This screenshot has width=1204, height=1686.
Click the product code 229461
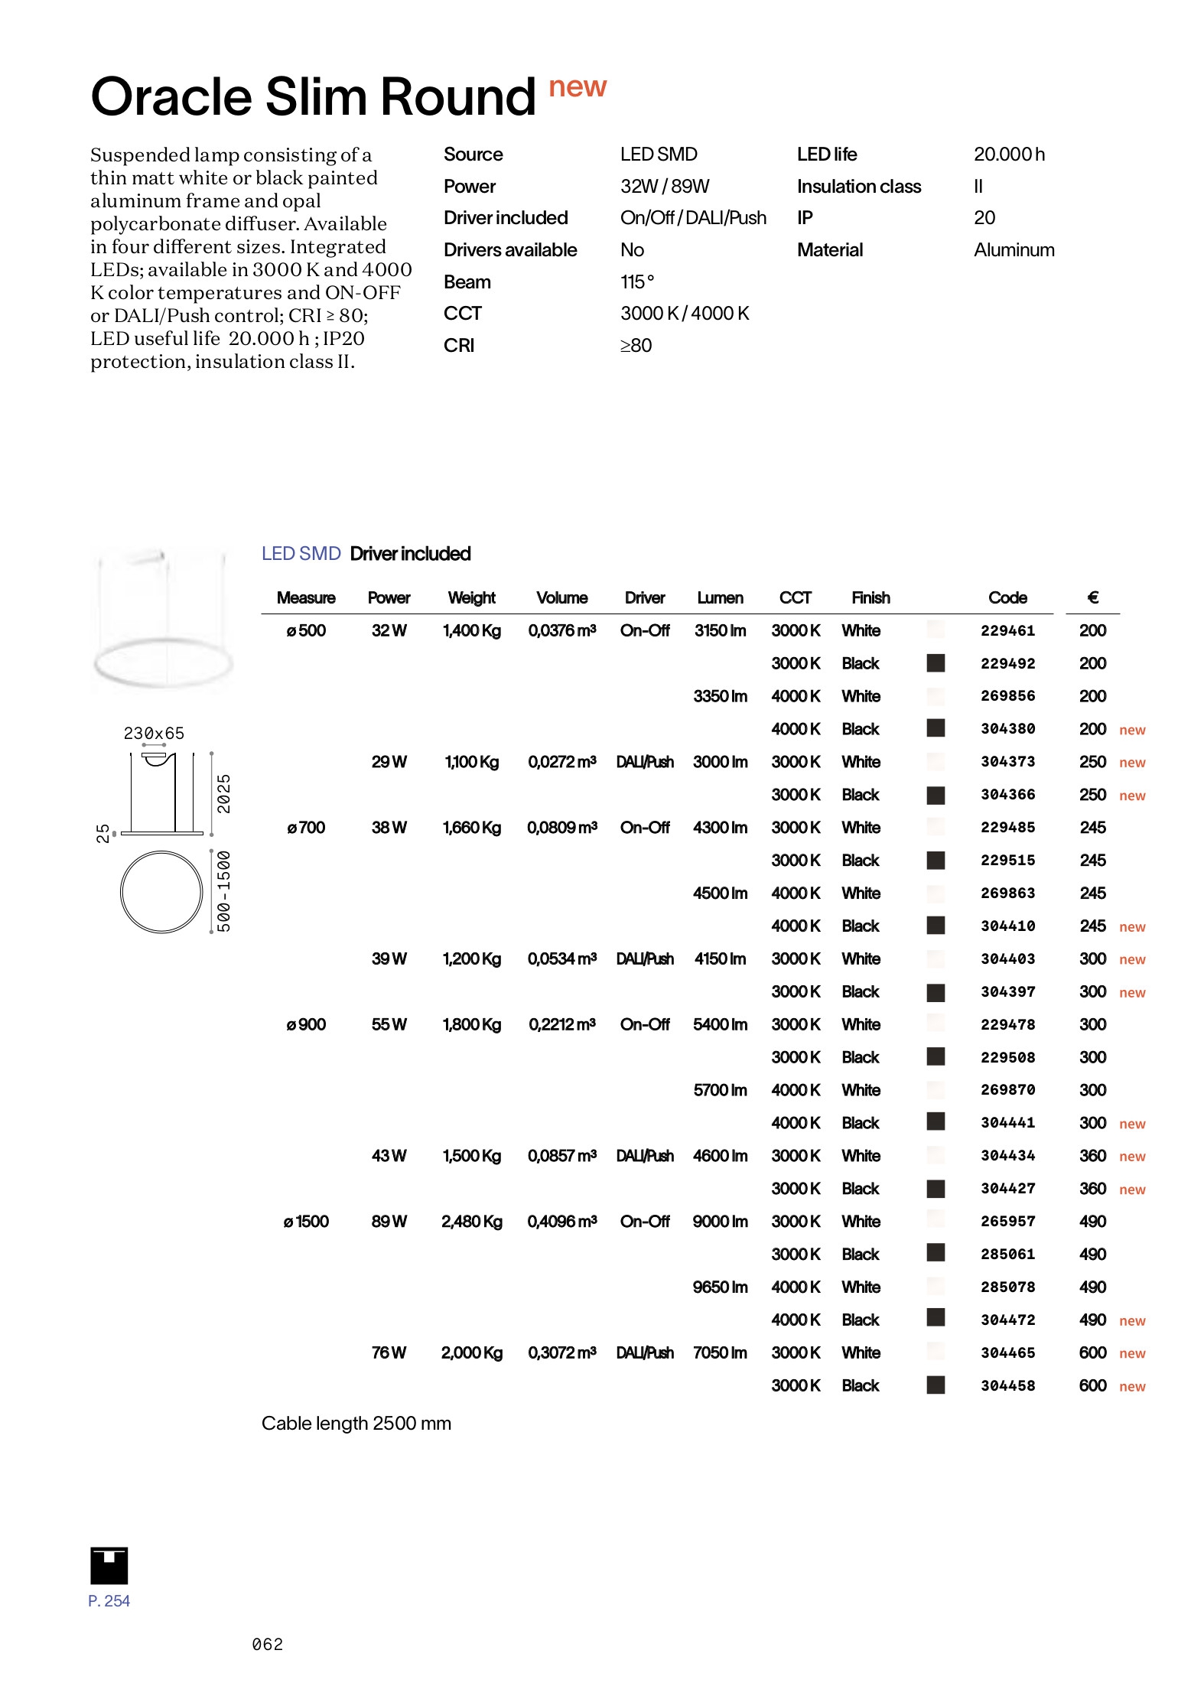pyautogui.click(x=1007, y=630)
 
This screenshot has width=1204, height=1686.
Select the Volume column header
pyautogui.click(x=561, y=597)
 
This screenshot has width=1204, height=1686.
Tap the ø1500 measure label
pyautogui.click(x=306, y=1221)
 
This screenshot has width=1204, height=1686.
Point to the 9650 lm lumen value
pyautogui.click(x=720, y=1287)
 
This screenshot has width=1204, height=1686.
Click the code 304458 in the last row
pyautogui.click(x=1007, y=1385)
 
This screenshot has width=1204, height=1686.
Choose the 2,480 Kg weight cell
pyautogui.click(x=471, y=1221)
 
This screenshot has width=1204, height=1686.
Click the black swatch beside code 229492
pyautogui.click(x=936, y=663)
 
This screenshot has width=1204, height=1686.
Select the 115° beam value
pyautogui.click(x=637, y=282)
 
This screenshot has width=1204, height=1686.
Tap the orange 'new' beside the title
pyautogui.click(x=578, y=87)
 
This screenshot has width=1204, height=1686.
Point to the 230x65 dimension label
pyautogui.click(x=154, y=733)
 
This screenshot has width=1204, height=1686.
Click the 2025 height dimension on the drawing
pyautogui.click(x=223, y=793)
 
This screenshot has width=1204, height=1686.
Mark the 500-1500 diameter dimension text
pyautogui.click(x=223, y=891)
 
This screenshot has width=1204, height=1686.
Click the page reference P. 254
pyautogui.click(x=109, y=1600)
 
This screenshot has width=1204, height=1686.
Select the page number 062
pyautogui.click(x=268, y=1644)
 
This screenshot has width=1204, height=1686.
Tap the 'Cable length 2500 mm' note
pyautogui.click(x=356, y=1423)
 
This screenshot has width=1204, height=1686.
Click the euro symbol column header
pyautogui.click(x=1092, y=597)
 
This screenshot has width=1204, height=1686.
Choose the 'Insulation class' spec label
pyautogui.click(x=858, y=186)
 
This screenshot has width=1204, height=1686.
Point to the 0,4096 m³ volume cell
pyautogui.click(x=561, y=1221)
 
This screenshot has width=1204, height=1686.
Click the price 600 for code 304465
pyautogui.click(x=1092, y=1352)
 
